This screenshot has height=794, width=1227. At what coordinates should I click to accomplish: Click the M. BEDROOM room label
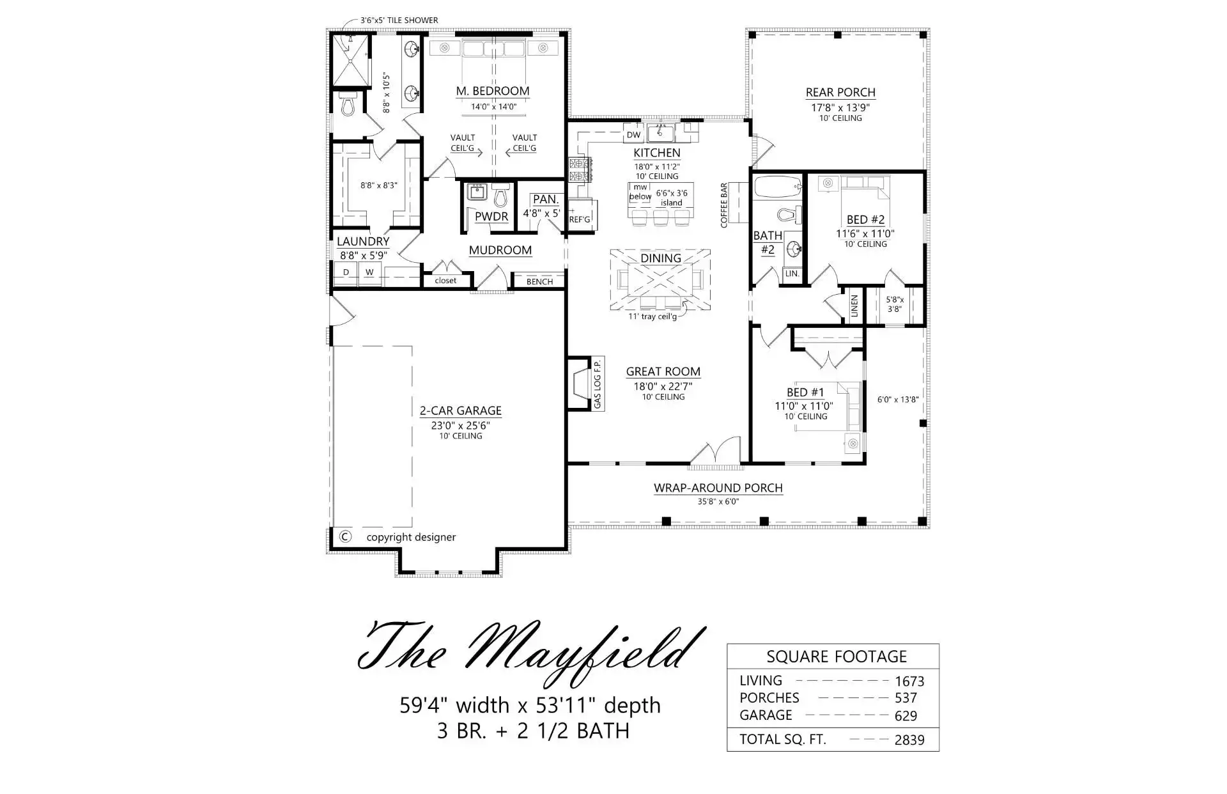tap(493, 91)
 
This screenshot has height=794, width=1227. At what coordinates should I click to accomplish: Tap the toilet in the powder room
tap(501, 195)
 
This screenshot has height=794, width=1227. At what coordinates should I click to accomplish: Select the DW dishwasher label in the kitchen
tap(633, 135)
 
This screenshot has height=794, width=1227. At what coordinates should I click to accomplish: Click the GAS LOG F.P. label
tap(598, 384)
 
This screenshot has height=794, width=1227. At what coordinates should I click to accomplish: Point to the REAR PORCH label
tap(840, 92)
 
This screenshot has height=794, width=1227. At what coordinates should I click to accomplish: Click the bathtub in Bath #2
tap(777, 187)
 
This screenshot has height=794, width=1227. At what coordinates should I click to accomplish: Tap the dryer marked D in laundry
tap(346, 272)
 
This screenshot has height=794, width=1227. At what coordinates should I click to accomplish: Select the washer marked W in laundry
tap(369, 272)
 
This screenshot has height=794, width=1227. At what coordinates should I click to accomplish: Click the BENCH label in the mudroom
tap(539, 281)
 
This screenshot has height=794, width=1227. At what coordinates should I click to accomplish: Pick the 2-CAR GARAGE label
tap(460, 410)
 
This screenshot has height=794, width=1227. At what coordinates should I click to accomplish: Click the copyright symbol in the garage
tap(344, 536)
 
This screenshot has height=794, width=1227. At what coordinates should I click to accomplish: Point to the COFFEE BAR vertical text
tap(724, 205)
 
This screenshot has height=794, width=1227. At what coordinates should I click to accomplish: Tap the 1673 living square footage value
tap(909, 681)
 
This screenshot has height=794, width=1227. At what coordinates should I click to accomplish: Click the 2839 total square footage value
tap(909, 740)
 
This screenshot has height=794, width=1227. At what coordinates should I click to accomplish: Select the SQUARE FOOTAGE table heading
tap(837, 657)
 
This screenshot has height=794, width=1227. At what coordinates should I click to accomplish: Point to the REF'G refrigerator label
tap(580, 219)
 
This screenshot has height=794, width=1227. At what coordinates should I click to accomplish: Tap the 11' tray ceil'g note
tap(652, 316)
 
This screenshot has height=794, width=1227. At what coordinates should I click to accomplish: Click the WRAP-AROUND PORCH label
tap(718, 488)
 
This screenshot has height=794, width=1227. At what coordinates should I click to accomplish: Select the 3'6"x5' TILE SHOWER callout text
tap(399, 20)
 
